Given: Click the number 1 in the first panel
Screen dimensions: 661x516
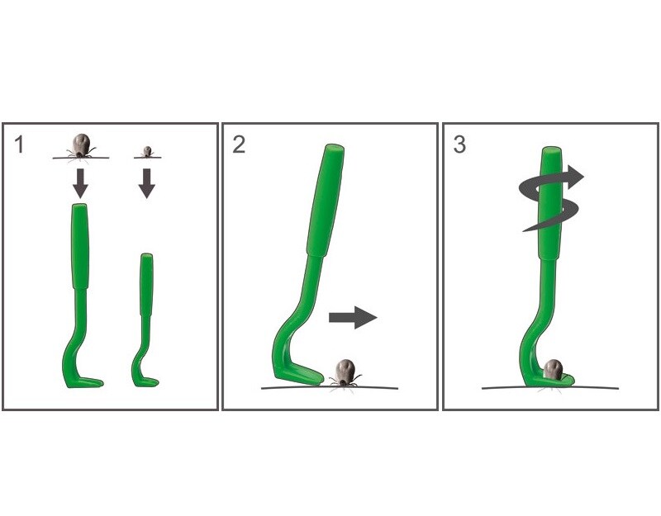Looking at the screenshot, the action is pos(19,144).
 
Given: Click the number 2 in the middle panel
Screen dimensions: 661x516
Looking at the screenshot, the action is pos(239,144).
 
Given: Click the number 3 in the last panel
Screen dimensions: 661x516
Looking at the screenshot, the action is pos(459,144).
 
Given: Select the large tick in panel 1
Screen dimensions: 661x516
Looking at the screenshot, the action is pos(81,146).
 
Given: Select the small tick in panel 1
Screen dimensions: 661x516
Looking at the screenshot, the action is pos(147,152).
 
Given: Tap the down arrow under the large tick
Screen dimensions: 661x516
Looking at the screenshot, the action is pos(80,183).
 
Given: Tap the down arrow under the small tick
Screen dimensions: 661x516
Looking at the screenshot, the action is pos(147,183).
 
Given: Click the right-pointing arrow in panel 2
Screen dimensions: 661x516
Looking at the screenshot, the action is pos(353,317).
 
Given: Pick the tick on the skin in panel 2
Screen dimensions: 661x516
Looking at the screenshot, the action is pos(345,373).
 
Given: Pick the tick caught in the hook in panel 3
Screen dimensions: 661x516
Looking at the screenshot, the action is pos(552,369).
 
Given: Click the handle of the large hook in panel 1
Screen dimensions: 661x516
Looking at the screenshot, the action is pos(80,246).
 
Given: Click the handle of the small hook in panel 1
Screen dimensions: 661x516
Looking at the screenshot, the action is pos(147,284).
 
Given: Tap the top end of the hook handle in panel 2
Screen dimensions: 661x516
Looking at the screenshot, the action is pos(335,149).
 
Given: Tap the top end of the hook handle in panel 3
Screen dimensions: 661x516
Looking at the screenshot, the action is pos(552,150).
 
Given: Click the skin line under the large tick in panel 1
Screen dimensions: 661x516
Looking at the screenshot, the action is pos(81,158).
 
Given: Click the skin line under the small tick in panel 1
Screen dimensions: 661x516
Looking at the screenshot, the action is pos(148,158).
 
